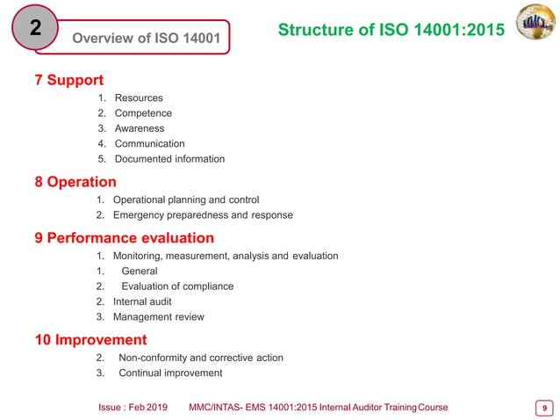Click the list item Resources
point(139,98)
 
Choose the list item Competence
point(143,113)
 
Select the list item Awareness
point(140,128)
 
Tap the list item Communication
point(149,144)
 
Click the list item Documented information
point(169,159)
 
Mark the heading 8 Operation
point(75,182)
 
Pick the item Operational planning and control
point(186,199)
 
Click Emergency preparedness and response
point(203,215)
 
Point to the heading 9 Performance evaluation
point(124,238)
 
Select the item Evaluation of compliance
point(177,286)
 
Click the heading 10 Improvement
point(90,340)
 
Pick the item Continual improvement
point(170,373)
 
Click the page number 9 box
point(545,407)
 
